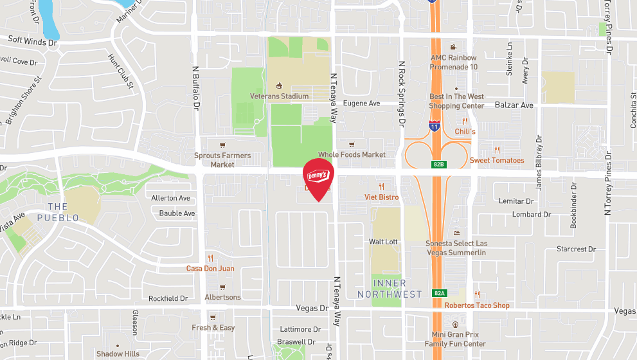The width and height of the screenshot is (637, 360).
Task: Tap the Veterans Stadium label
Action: [279, 96]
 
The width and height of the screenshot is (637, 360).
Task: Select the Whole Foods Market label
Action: [352, 154]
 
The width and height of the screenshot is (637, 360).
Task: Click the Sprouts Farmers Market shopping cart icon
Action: [222, 145]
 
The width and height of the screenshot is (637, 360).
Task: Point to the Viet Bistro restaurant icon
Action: [381, 186]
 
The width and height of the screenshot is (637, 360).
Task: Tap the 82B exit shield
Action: [438, 165]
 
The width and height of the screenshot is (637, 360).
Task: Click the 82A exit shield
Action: [439, 293]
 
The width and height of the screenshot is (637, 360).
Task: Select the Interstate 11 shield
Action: [435, 125]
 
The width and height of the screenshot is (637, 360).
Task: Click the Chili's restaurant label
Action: [465, 131]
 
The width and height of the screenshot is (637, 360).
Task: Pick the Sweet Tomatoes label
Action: [497, 160]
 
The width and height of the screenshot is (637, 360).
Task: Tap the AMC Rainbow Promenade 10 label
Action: [454, 62]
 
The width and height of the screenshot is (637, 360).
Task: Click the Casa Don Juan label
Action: [210, 268]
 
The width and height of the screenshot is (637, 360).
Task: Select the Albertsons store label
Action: [222, 297]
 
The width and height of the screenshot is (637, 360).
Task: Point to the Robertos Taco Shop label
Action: [477, 305]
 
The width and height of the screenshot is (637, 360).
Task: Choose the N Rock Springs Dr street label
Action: [402, 93]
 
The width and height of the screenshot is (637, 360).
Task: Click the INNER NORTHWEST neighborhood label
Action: [390, 289]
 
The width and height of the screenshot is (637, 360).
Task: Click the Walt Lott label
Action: [383, 242]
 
